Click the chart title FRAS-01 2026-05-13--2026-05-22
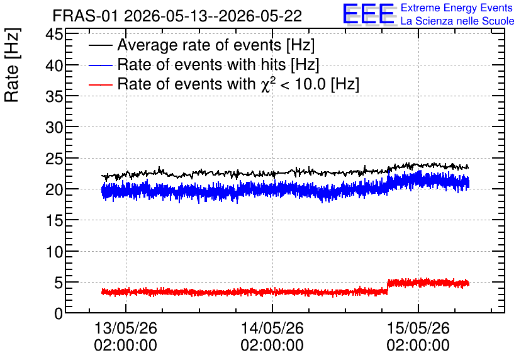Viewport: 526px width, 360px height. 177,16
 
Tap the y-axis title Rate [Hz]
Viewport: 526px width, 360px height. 12,65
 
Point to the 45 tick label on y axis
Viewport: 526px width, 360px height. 54,34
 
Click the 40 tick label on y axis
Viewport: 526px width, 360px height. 54,65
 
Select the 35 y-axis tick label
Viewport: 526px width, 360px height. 54,96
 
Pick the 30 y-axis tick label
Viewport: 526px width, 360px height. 54,127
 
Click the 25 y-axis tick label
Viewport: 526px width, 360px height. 54,159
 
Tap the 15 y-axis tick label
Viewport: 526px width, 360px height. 54,220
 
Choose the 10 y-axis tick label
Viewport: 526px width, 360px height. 54,252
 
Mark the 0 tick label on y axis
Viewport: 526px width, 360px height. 59,313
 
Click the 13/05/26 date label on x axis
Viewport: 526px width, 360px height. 126,328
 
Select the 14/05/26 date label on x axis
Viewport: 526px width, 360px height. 272,328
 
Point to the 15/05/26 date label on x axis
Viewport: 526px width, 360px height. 418,328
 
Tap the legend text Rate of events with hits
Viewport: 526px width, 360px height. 202,64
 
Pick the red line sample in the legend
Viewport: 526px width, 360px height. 100,85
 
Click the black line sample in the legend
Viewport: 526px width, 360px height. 100,45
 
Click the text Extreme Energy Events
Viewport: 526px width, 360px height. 457,8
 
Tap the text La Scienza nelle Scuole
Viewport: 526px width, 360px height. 457,21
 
